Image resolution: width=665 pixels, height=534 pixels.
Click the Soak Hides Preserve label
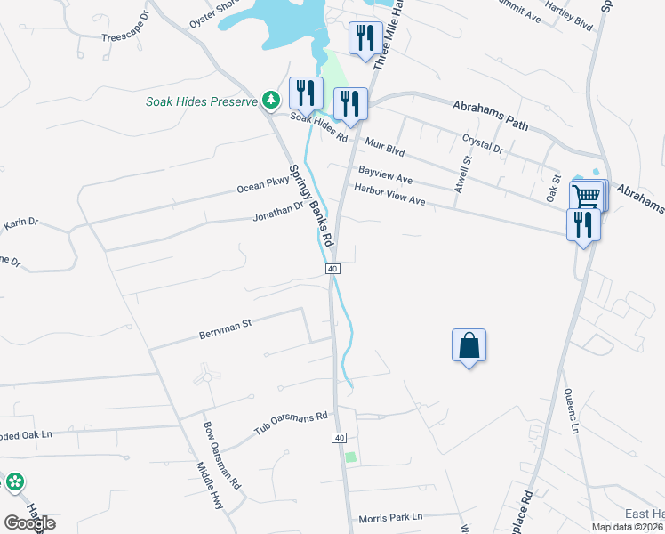[x=202, y=101]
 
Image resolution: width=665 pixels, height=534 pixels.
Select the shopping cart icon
[x=586, y=196]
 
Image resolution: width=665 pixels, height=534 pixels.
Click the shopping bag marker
[x=469, y=345]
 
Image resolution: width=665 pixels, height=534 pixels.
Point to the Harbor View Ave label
[x=390, y=194]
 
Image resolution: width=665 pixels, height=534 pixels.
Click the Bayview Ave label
[x=385, y=173]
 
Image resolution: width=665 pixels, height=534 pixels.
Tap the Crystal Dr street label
[x=483, y=143]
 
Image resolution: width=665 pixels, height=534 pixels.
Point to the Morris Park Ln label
[x=390, y=517]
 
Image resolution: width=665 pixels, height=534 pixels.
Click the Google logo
[x=29, y=523]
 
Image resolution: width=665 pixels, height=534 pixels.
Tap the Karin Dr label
[x=20, y=224]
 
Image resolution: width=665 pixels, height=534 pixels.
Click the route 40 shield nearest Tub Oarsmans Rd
[x=339, y=438]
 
